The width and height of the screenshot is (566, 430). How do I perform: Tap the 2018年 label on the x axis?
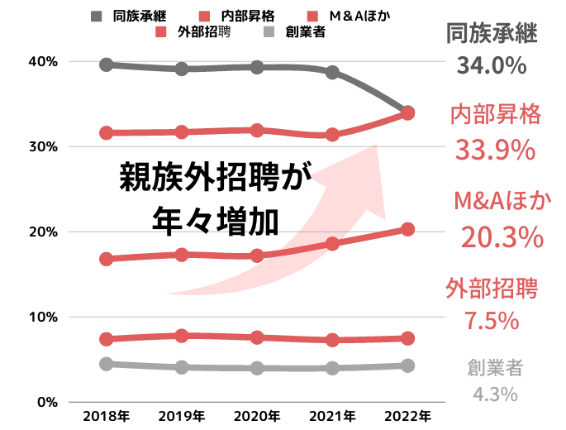click(x=106, y=415)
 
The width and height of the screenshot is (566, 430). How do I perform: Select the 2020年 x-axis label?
click(x=257, y=415)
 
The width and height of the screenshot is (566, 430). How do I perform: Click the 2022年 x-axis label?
click(x=407, y=415)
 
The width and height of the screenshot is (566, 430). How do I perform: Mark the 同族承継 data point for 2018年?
click(x=106, y=64)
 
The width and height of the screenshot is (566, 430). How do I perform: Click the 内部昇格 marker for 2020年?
click(x=257, y=131)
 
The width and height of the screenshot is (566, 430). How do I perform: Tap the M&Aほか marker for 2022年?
click(x=407, y=229)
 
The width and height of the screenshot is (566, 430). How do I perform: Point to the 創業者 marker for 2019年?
click(x=181, y=367)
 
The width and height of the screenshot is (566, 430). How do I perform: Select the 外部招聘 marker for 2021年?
click(x=332, y=340)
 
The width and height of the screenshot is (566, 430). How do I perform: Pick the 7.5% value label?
click(x=491, y=320)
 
